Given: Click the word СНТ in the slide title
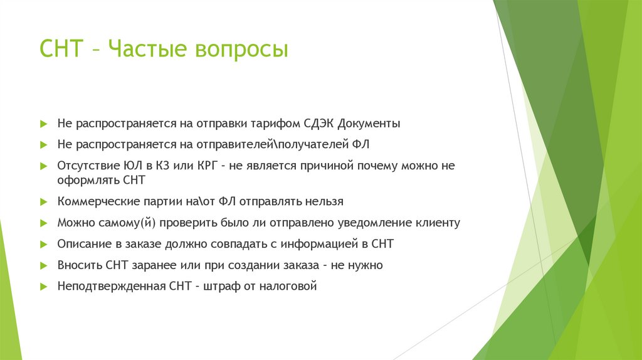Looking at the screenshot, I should (x=61, y=49).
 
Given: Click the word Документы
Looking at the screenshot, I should (x=370, y=124).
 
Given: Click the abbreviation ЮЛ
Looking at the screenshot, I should (x=129, y=166).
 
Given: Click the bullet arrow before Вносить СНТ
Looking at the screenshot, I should (x=43, y=265).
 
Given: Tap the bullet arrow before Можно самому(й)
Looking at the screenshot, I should (x=43, y=223).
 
